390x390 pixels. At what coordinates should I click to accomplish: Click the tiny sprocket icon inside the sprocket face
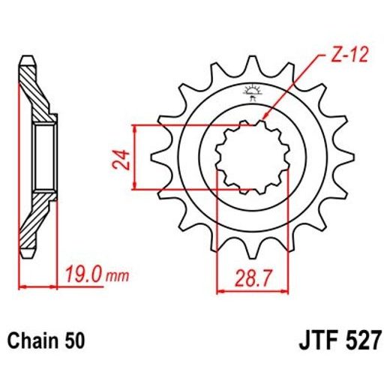(250, 94)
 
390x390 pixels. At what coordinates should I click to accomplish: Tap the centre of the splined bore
(244, 157)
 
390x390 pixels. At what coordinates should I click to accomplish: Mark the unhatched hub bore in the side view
(42, 157)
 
